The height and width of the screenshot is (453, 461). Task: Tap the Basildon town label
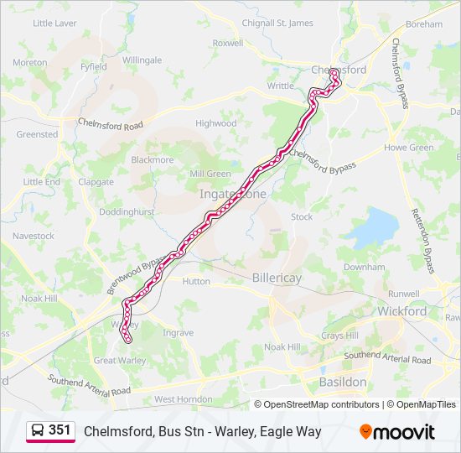pyautogui.click(x=343, y=382)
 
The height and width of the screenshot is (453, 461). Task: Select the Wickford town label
pyautogui.click(x=402, y=311)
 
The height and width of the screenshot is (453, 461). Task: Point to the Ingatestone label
pyautogui.click(x=233, y=194)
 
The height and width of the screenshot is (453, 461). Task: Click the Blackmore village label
pyautogui.click(x=152, y=159)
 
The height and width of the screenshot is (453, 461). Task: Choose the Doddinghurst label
pyautogui.click(x=126, y=212)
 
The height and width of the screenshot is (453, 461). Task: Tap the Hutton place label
pyautogui.click(x=196, y=282)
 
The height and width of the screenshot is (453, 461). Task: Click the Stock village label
pyautogui.click(x=301, y=216)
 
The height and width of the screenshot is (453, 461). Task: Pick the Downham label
pyautogui.click(x=364, y=267)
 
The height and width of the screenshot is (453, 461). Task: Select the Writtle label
pyautogui.click(x=280, y=86)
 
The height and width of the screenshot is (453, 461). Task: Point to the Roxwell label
pyautogui.click(x=228, y=43)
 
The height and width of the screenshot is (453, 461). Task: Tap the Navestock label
pyautogui.click(x=34, y=237)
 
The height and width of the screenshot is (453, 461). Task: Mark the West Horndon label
pyautogui.click(x=183, y=399)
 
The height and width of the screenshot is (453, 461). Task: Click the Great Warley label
pyautogui.click(x=119, y=361)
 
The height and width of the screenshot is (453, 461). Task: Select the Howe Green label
pyautogui.click(x=409, y=148)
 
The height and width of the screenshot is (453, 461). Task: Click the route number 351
pyautogui.click(x=60, y=430)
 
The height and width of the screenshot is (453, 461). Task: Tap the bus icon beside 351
pyautogui.click(x=38, y=430)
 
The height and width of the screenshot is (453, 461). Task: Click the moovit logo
pyautogui.click(x=397, y=431)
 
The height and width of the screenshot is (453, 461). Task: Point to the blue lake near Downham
pyautogui.click(x=372, y=226)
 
